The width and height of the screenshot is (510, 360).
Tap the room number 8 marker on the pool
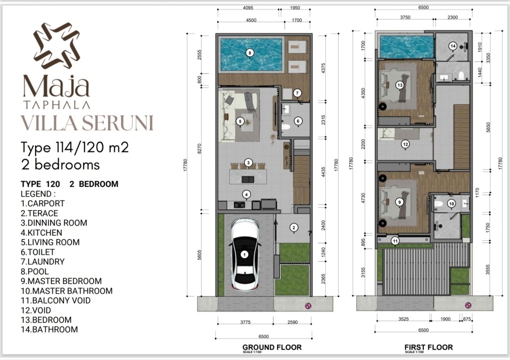(250, 52)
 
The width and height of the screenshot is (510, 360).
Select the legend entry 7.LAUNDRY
(43, 261)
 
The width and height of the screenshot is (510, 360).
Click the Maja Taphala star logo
(57, 45)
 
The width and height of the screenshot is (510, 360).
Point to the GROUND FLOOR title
(272, 347)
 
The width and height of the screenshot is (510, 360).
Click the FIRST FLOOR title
(428, 347)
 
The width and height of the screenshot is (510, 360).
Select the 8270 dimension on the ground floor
(199, 149)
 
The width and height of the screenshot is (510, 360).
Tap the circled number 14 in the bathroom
(453, 46)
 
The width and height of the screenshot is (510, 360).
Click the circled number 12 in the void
(405, 144)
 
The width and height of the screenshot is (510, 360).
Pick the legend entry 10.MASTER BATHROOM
(67, 291)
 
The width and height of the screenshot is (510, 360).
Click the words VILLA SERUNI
(87, 123)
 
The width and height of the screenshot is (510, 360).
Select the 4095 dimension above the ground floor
(248, 8)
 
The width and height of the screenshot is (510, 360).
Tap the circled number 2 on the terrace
(294, 227)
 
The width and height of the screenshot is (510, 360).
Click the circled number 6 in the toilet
(298, 121)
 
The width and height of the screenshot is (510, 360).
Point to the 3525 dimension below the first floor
(403, 319)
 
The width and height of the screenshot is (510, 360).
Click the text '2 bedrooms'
(61, 164)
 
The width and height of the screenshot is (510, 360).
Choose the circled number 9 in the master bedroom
(399, 202)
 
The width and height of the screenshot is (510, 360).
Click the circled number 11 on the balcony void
(395, 241)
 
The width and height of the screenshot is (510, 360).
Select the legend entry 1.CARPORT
(43, 203)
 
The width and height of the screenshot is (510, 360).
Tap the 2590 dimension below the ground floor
(292, 322)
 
